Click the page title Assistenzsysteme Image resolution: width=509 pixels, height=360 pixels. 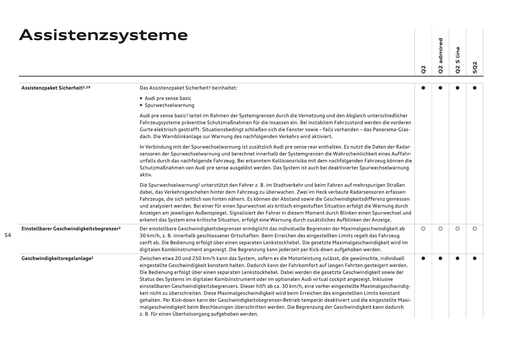(x=103, y=35)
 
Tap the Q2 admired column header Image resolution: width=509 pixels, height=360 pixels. (x=440, y=56)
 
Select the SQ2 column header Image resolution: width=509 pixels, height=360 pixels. (x=475, y=67)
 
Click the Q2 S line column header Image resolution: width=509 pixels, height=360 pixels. (x=458, y=60)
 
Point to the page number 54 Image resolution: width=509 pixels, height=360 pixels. (x=8, y=235)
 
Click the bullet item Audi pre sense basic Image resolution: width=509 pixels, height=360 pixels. (x=168, y=98)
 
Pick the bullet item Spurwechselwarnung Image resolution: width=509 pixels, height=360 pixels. (x=169, y=105)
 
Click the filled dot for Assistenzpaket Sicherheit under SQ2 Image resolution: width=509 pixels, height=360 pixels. (x=475, y=88)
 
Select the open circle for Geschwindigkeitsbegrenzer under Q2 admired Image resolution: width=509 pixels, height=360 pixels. (x=440, y=229)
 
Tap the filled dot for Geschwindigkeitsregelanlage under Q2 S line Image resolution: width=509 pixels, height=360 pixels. (x=458, y=258)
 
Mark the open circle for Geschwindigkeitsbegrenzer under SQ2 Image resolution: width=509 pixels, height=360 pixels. (x=475, y=229)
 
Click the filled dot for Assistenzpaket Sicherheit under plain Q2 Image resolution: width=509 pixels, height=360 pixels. (x=423, y=88)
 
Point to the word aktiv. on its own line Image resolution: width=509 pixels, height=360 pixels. (x=146, y=175)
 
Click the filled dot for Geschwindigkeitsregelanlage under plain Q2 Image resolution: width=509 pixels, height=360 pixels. (x=423, y=258)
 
